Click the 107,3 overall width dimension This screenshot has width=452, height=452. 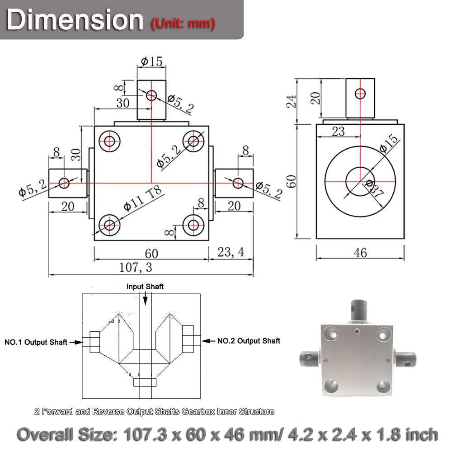click(x=136, y=268)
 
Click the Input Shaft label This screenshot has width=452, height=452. click(x=145, y=287)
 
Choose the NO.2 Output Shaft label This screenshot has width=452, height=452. click(x=249, y=341)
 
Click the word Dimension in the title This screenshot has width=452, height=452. click(x=75, y=20)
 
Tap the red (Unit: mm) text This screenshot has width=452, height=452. click(x=183, y=23)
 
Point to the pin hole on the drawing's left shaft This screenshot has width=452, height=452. click(x=64, y=183)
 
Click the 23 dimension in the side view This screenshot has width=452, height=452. click(x=338, y=131)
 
